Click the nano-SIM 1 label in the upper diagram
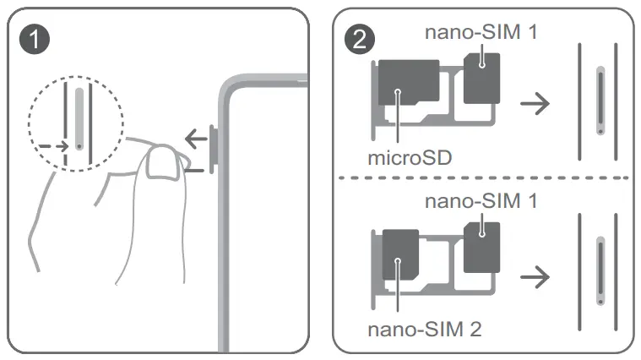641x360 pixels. pyautogui.click(x=481, y=33)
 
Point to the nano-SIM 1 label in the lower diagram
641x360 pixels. pyautogui.click(x=481, y=202)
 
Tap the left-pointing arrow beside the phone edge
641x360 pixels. pyautogui.click(x=196, y=138)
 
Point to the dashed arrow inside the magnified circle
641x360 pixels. pyautogui.click(x=53, y=145)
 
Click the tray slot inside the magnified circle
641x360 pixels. pyautogui.click(x=79, y=118)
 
